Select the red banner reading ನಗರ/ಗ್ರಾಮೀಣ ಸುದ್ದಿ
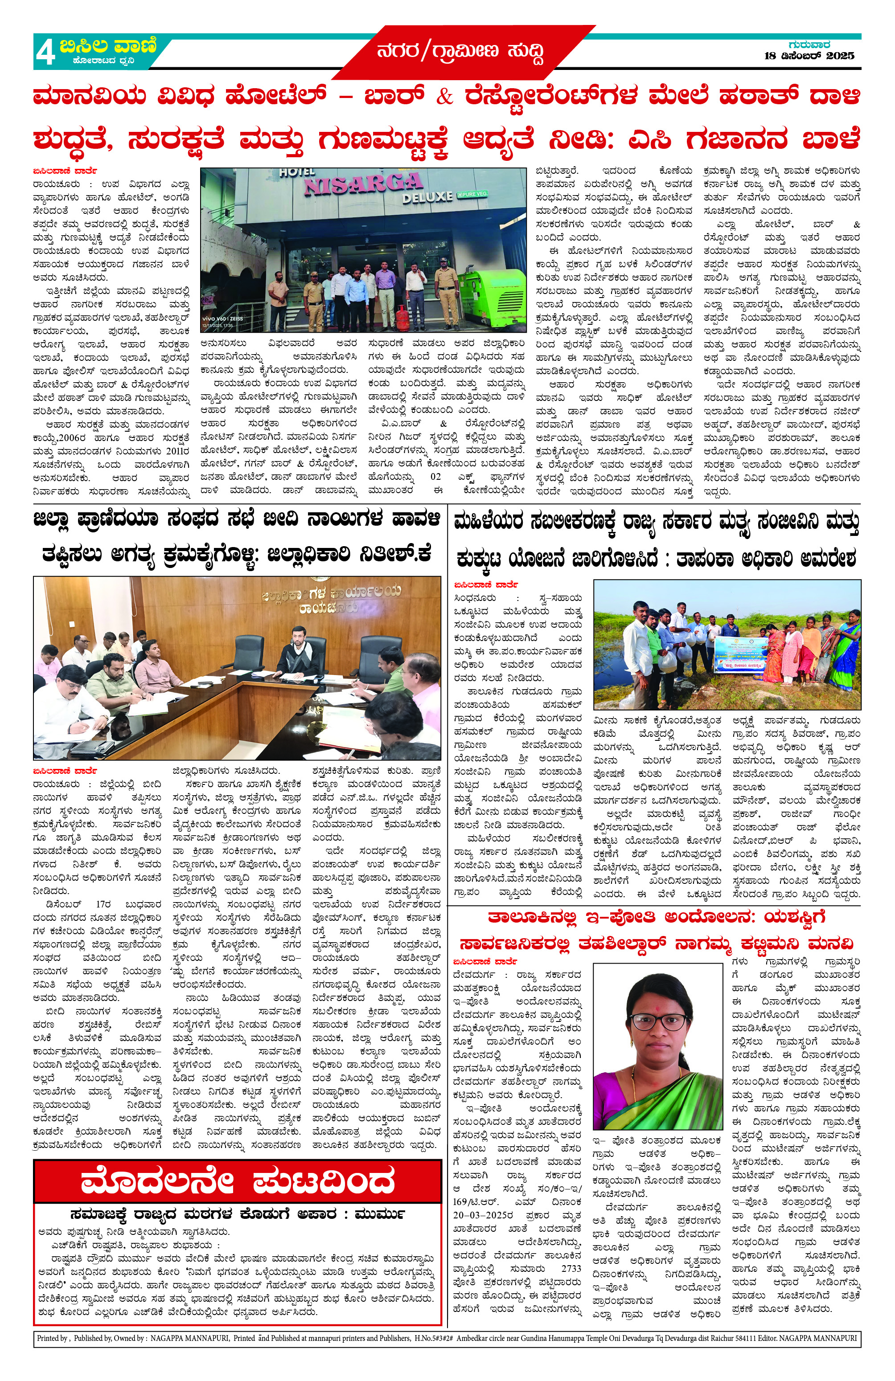tap(461, 52)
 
